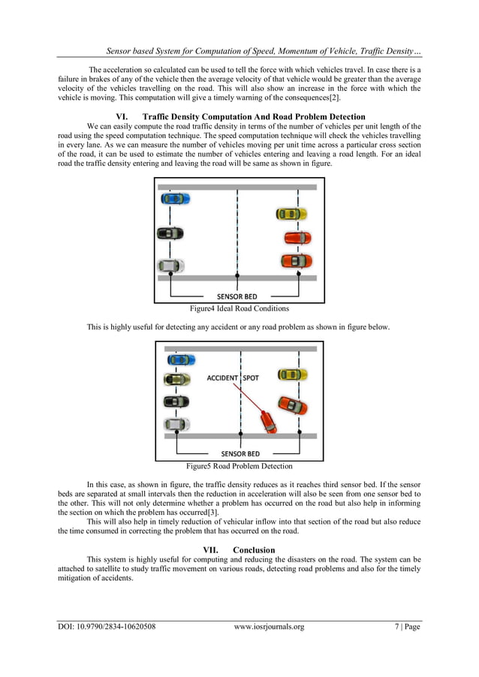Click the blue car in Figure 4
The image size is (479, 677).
[x=175, y=199]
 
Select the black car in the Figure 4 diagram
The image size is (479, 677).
[x=170, y=233]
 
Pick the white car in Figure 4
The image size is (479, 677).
[x=170, y=266]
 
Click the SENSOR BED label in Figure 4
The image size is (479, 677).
[x=237, y=296]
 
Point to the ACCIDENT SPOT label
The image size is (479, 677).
[x=233, y=378]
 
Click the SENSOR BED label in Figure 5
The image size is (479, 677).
[x=240, y=453]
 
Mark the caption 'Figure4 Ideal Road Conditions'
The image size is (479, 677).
[x=239, y=308]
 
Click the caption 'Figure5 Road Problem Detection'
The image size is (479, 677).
[x=239, y=465]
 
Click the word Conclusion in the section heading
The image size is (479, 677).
[x=254, y=550]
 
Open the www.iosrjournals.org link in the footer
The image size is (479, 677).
[x=269, y=627]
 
